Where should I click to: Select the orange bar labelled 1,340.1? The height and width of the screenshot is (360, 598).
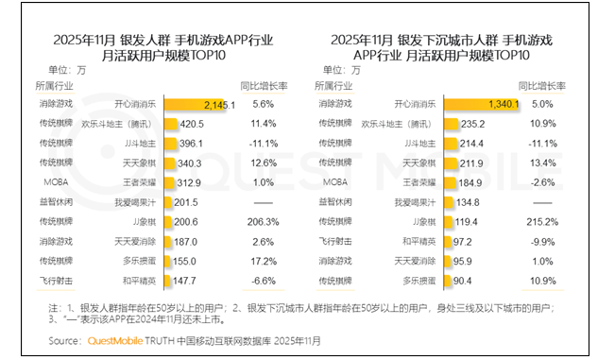pos(482,103)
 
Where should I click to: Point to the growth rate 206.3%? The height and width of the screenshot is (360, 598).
pos(264,221)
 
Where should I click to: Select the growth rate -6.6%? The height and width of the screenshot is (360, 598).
pos(264,281)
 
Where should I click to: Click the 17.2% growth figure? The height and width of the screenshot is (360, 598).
pos(264,261)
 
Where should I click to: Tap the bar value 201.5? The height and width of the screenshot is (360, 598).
pos(183,201)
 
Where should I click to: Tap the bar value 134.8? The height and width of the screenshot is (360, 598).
pos(466,201)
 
